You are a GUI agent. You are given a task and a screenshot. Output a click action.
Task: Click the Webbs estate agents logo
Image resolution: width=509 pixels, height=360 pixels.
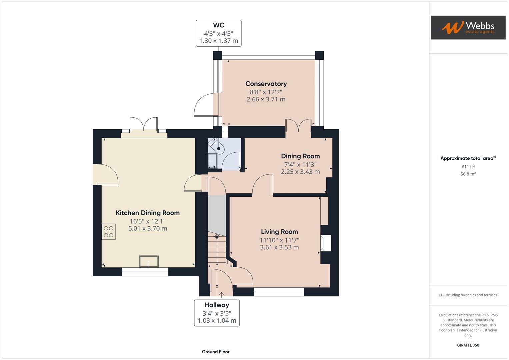coord(468,27)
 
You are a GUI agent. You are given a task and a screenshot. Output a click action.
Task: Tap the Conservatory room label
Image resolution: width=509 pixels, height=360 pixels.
coord(266,84)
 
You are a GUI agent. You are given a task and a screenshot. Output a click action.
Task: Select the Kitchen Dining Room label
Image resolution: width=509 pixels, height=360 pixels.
coord(147,213)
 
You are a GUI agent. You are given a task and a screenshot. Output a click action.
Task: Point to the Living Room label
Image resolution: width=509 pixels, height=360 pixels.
coord(279,232)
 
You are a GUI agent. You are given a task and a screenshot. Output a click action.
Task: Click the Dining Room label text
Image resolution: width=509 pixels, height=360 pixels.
coord(300,156)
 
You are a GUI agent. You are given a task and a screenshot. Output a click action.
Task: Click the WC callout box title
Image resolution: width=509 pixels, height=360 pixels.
coord(218,25)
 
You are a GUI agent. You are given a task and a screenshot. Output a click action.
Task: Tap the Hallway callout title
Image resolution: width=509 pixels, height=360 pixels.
coord(217,305)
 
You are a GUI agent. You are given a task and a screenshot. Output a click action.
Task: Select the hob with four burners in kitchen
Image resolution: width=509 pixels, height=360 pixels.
coord(109,232)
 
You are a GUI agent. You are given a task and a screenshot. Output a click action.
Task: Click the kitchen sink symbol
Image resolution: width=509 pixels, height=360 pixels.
coord(149,261)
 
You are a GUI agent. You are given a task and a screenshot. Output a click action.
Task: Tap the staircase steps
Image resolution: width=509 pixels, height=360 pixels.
coord(217,248)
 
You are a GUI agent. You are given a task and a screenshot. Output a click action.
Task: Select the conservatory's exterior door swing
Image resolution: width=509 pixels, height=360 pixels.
coord(204,105)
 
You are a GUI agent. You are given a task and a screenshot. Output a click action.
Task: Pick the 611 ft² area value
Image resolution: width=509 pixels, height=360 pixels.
coord(468,167)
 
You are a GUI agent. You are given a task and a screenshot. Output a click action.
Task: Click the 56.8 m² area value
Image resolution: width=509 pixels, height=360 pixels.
coord(468,174)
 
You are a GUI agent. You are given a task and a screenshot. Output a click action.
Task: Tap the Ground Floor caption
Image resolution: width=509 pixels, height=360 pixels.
coord(215,352)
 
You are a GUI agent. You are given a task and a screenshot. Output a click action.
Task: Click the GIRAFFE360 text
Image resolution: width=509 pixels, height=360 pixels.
coord(468,345)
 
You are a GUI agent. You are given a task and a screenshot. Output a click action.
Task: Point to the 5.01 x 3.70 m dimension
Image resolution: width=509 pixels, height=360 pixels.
coord(147,229)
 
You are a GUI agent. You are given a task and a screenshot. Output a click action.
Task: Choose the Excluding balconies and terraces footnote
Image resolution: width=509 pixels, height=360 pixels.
coord(468,295)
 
